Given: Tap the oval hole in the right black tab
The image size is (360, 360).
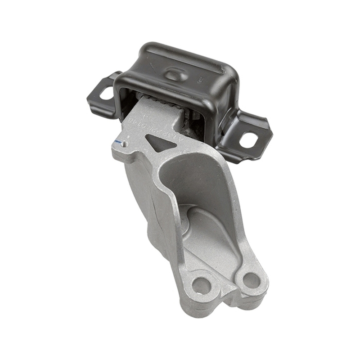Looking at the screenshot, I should [x=248, y=139].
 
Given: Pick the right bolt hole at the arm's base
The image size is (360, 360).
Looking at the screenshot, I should [x=250, y=280].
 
